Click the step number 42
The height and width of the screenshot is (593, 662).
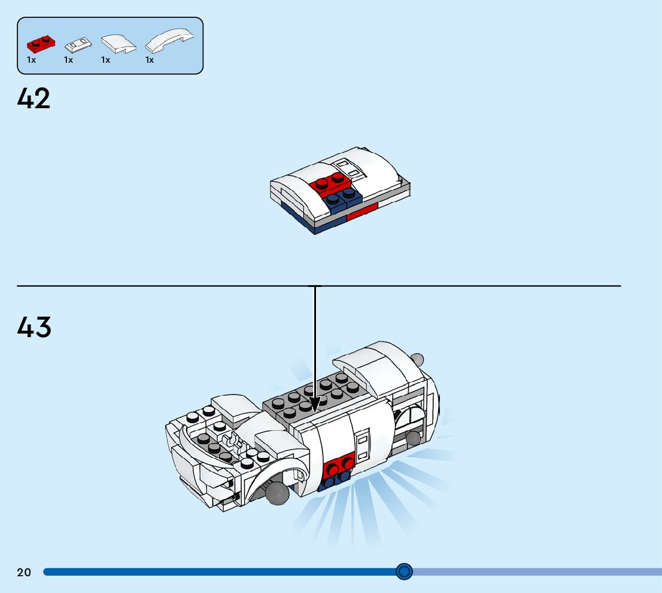click(34, 99)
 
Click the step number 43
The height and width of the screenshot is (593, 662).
click(34, 327)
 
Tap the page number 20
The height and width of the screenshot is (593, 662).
click(24, 573)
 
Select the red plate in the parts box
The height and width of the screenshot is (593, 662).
click(40, 44)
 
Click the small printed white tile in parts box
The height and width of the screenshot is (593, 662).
click(79, 44)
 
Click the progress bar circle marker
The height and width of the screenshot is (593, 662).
click(405, 571)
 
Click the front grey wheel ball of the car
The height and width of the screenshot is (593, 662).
click(278, 493)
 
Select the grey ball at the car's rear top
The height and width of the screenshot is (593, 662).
click(417, 359)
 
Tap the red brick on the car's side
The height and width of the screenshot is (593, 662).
click(338, 466)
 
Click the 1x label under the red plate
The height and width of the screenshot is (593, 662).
click(32, 60)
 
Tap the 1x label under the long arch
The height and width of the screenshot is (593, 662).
click(150, 60)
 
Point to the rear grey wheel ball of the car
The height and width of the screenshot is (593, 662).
click(412, 438)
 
